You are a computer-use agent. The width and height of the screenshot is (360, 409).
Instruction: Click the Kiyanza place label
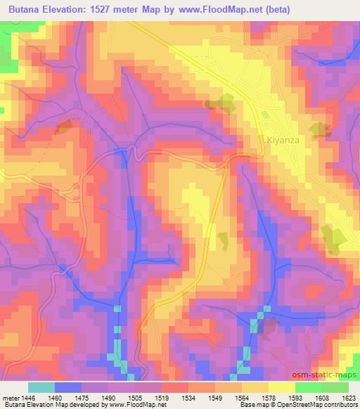(283, 140)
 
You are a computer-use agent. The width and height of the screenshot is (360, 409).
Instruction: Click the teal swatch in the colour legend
(41, 387)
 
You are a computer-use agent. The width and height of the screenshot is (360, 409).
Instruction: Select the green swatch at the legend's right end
(335, 387)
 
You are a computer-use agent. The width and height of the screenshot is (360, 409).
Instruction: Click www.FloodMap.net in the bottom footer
(136, 404)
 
